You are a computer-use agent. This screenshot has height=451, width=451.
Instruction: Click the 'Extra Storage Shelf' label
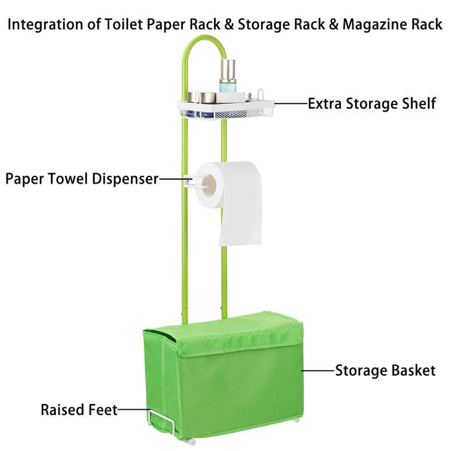point(372,104)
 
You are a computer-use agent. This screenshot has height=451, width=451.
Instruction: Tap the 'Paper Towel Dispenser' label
point(82,179)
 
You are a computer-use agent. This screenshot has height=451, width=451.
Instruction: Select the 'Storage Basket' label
point(385,370)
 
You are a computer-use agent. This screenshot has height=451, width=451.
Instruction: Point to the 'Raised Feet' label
point(79,410)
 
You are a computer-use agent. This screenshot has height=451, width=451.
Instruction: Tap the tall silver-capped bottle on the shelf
point(228,75)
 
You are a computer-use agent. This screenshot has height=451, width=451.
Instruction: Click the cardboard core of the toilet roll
point(209,186)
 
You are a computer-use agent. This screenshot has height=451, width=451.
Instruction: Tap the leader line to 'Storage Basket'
point(318,370)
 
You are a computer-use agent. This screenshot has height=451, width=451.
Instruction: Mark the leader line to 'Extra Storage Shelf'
point(291,103)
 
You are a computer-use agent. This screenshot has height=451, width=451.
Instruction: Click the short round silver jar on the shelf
point(207,97)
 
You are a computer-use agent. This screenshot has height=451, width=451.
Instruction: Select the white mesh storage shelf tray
point(225,110)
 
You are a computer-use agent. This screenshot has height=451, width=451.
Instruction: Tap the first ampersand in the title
point(229,24)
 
